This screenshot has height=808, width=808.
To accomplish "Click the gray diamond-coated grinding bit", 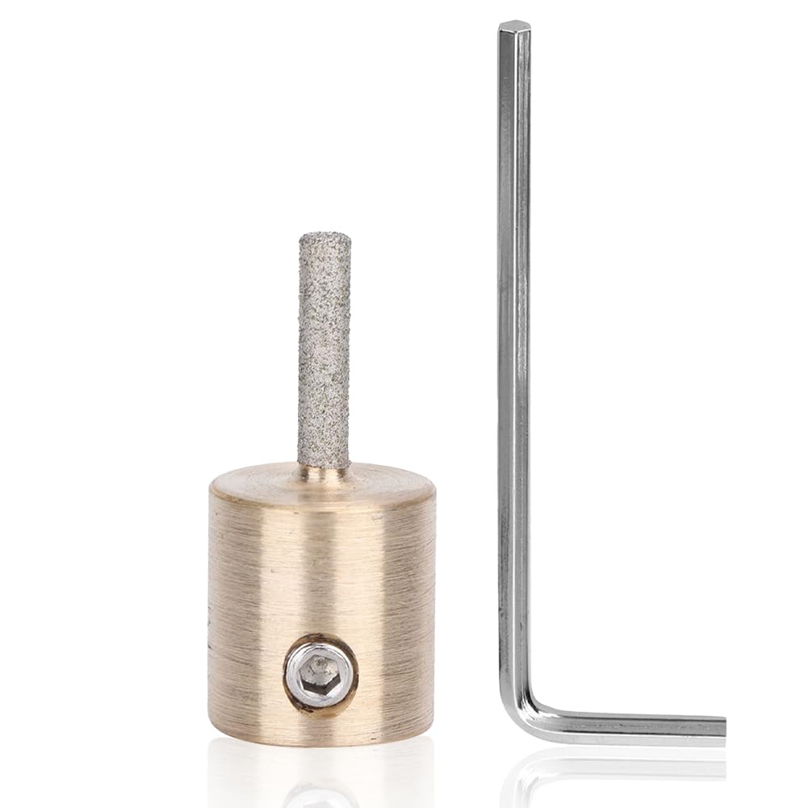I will click(x=324, y=347).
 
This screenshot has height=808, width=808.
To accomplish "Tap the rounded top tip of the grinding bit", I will click(x=324, y=237).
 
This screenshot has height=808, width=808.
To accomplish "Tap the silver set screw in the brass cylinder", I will click(x=320, y=675).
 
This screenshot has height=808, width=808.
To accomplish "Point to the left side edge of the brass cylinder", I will click(x=211, y=605).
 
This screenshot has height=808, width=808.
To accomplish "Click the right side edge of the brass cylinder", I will click(x=434, y=605).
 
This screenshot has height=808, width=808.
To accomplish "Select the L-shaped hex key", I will click(x=514, y=404).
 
